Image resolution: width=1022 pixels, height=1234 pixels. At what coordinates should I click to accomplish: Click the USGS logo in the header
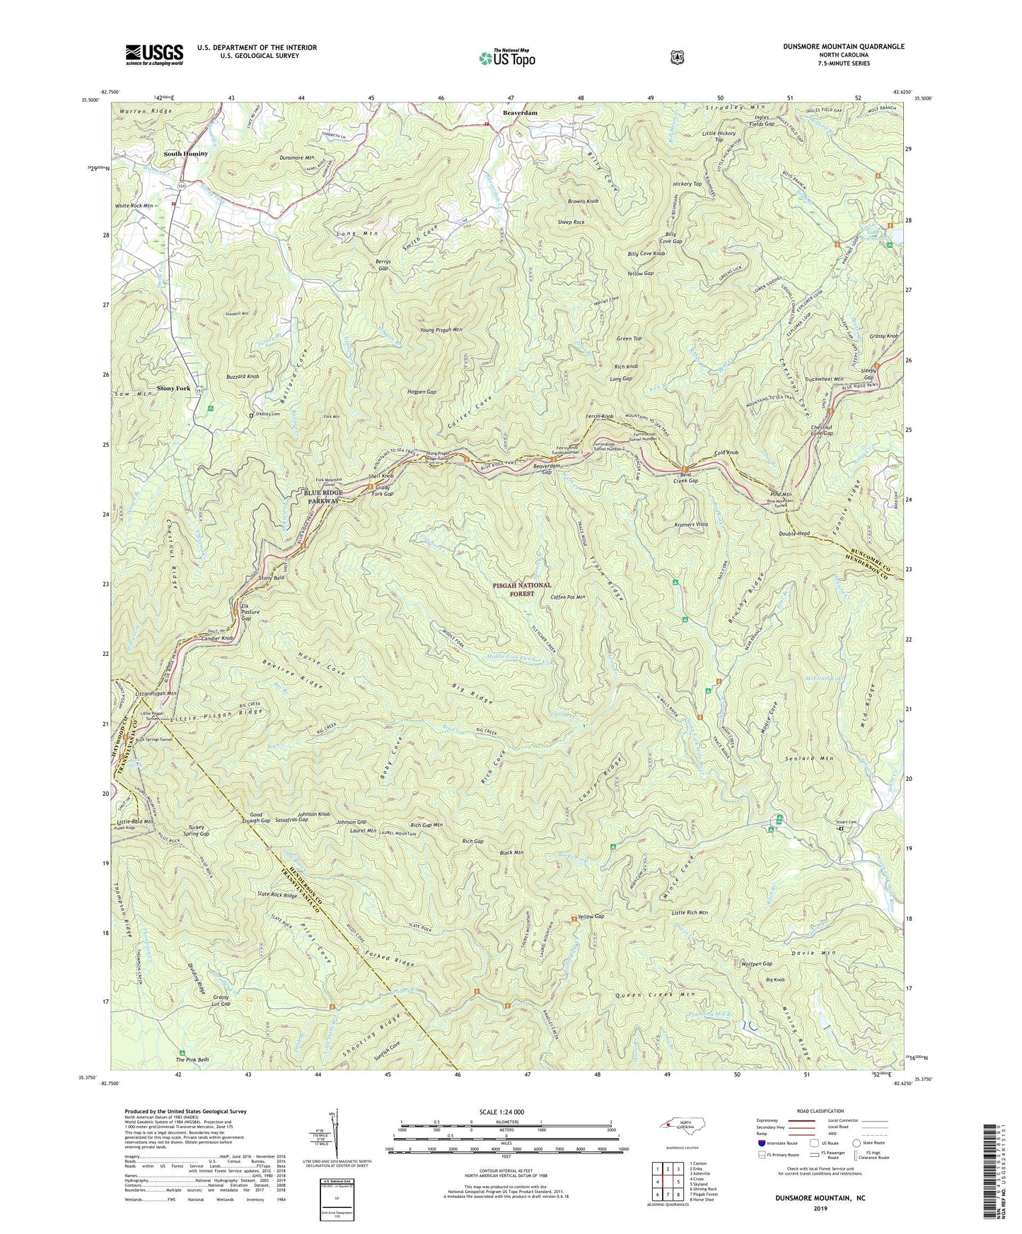tap(154, 54)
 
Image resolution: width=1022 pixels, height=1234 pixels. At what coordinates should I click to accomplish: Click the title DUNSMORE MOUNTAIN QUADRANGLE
tap(843, 47)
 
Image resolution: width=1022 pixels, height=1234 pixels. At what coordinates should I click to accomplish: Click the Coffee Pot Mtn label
tap(568, 597)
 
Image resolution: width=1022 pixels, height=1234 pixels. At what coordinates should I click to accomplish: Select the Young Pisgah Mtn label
tap(441, 329)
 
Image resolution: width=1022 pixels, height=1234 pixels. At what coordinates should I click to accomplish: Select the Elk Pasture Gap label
tap(244, 612)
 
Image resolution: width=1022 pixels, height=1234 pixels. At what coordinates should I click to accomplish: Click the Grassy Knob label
tap(884, 336)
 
